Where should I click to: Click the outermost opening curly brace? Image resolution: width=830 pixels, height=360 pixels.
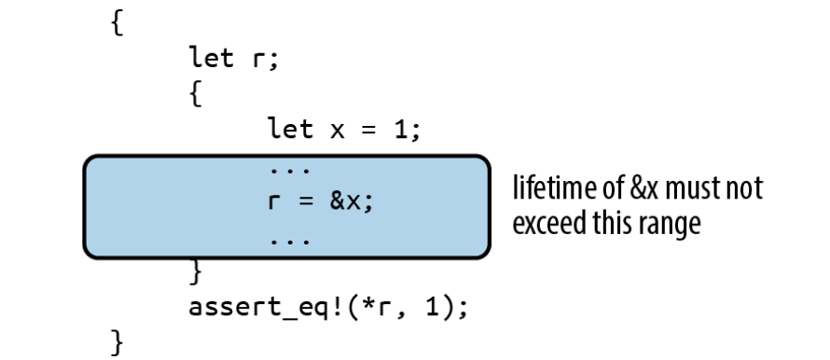click(117, 23)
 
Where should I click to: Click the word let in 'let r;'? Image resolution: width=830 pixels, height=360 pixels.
click(211, 57)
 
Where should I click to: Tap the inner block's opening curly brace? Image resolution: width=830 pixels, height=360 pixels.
click(195, 94)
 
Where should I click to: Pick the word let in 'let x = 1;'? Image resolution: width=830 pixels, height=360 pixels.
click(290, 129)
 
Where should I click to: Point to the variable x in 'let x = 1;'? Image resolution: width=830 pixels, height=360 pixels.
click(338, 132)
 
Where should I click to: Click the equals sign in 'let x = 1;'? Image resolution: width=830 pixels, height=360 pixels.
click(369, 132)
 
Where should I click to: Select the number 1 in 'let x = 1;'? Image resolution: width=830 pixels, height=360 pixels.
click(402, 129)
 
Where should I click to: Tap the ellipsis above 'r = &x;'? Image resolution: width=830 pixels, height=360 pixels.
click(290, 171)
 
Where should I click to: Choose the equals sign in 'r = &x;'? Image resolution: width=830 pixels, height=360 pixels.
click(306, 202)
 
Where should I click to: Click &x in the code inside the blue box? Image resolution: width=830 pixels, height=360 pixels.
click(345, 201)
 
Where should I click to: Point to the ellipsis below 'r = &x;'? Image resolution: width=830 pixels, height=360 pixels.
click(290, 242)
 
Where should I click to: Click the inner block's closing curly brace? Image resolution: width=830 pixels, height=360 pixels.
click(195, 272)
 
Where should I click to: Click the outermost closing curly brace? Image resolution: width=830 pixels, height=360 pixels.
click(117, 342)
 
